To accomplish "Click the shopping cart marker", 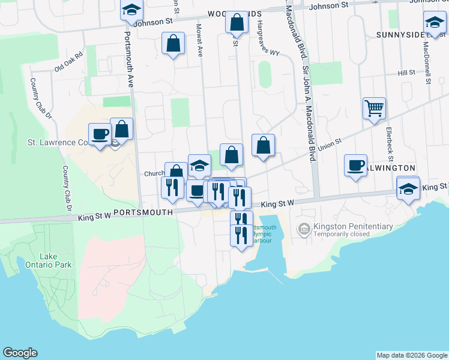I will tap(373, 109).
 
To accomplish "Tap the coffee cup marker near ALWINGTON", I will tap(355, 164).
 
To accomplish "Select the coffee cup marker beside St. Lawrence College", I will tap(100, 133).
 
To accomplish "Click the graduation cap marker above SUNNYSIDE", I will tap(434, 23).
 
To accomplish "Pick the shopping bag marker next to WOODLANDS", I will tap(237, 23).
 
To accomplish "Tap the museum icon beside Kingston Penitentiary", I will tap(304, 228).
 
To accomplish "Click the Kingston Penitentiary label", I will tap(353, 227).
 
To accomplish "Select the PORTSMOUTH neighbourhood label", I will tap(143, 212).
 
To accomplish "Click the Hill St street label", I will tap(406, 73).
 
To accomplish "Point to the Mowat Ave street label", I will tap(199, 41).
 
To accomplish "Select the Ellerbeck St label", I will tap(390, 139).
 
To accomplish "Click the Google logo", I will tap(20, 353).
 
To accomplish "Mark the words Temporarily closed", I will tap(348, 236).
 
